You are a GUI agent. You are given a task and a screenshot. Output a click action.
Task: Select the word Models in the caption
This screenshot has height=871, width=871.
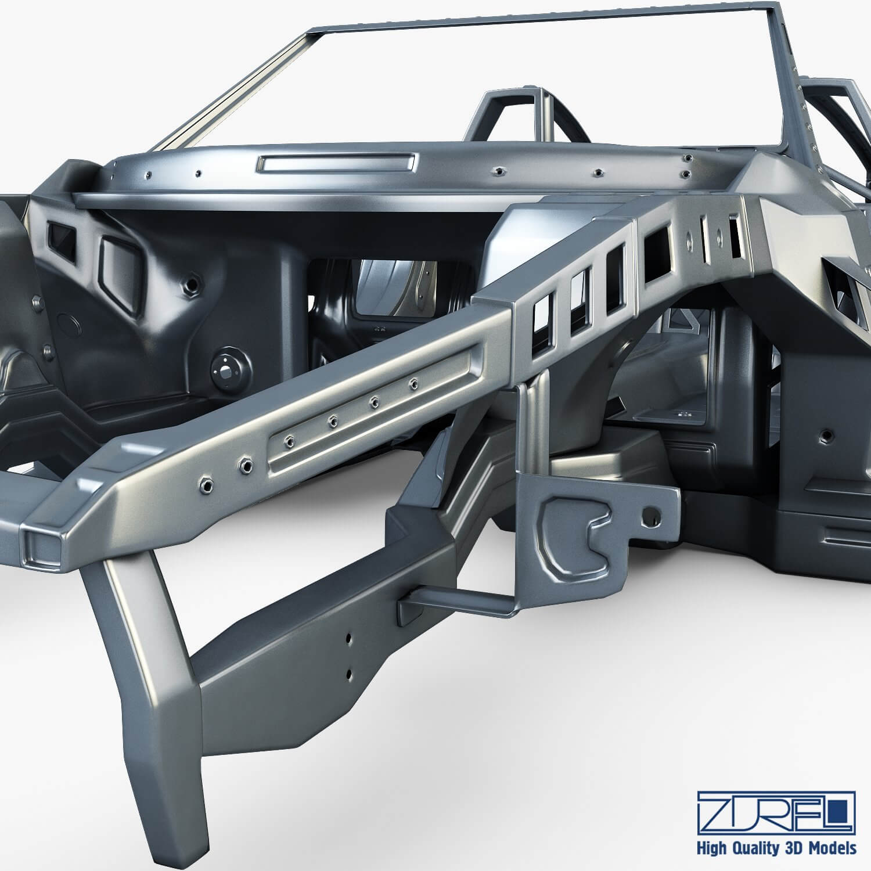[832, 848]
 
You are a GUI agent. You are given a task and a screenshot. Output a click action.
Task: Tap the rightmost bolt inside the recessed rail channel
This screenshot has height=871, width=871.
[413, 382]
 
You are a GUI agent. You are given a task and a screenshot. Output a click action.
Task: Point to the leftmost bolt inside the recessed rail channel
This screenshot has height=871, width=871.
[287, 440]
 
